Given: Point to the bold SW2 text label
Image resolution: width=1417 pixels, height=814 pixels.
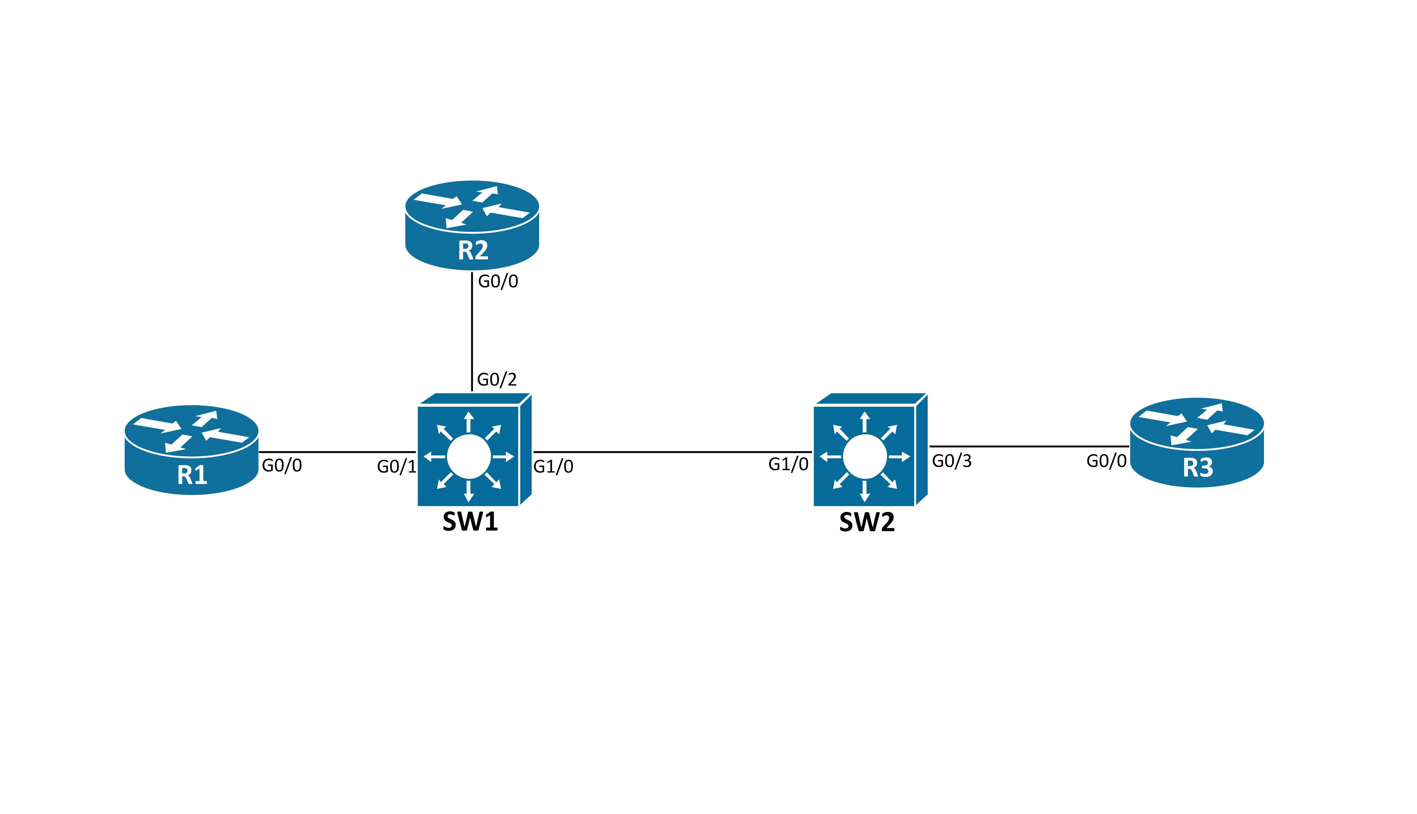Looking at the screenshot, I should tap(867, 522).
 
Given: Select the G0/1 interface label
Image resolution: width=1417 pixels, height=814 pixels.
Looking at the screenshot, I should tap(397, 466).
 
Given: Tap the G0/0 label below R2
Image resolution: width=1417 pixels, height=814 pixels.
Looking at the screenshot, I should tap(498, 281).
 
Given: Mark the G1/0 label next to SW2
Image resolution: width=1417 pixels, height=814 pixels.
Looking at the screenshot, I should tap(788, 464).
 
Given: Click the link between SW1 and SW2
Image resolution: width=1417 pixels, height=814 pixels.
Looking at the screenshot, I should tap(671, 452).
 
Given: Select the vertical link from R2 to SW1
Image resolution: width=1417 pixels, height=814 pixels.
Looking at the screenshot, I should tap(472, 333).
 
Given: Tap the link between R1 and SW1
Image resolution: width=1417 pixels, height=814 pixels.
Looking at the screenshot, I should tap(337, 452).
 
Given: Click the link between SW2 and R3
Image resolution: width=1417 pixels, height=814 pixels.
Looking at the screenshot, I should tap(1029, 446).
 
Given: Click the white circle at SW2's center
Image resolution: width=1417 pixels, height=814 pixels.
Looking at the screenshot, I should tap(864, 457).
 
